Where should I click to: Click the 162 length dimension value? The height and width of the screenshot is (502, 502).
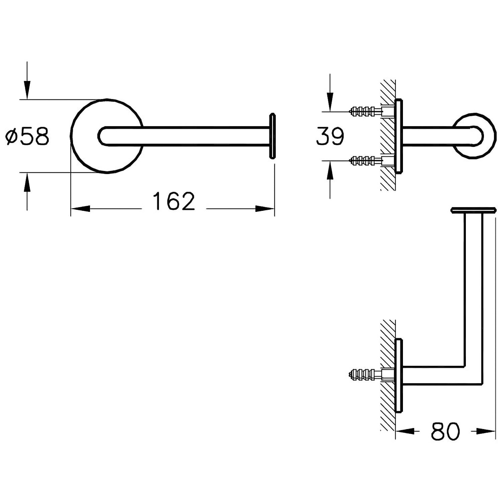coord(174,201)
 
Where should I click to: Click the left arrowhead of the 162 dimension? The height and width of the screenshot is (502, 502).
coord(80,209)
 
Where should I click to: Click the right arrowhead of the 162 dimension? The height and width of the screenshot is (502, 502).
coord(265,209)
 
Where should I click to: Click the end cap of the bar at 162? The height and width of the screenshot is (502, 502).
coord(272,136)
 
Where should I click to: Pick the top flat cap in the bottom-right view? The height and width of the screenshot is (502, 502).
coord(473,210)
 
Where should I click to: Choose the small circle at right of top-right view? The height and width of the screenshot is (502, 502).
coord(474,136)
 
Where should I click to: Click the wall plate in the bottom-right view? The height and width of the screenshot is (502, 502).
coord(398,375)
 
